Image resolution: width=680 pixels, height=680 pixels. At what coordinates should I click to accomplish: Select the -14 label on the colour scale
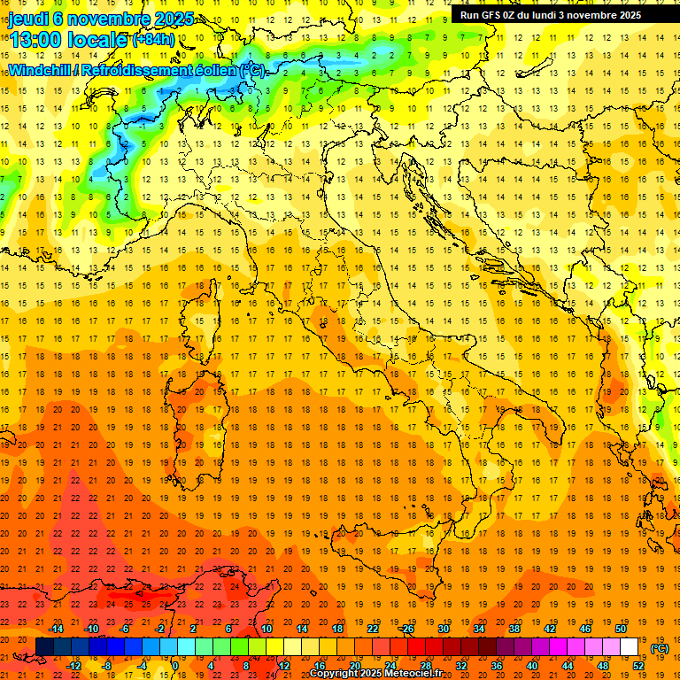[58, 629]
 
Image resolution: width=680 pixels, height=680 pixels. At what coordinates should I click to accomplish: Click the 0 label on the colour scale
[175, 666]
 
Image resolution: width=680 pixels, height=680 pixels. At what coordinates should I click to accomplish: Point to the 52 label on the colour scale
[638, 666]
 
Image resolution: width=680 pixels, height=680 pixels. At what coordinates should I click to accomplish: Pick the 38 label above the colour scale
[514, 629]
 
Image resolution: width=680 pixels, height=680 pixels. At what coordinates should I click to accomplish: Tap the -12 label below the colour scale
[74, 666]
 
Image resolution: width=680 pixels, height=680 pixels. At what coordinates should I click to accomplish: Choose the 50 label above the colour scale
[621, 629]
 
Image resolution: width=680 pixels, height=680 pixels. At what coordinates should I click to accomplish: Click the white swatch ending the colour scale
[630, 647]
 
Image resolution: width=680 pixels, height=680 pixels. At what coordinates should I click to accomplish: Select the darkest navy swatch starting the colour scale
[44, 647]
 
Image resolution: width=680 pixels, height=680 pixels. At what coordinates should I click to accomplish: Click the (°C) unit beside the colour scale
[660, 648]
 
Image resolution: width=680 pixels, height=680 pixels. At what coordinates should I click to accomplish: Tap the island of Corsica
[197, 323]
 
